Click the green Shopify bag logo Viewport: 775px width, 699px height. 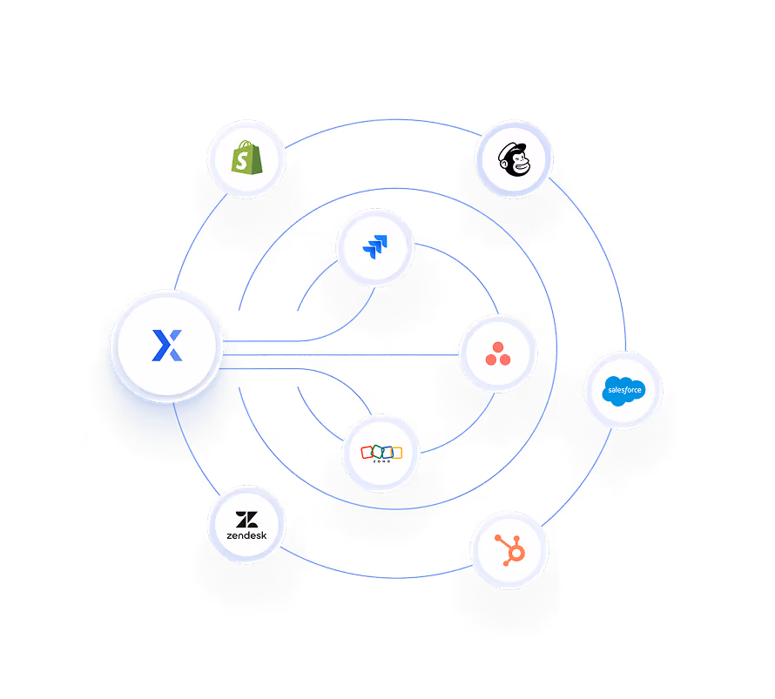(x=246, y=158)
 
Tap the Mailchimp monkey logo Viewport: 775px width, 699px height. (x=513, y=158)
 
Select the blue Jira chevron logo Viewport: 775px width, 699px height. (x=375, y=247)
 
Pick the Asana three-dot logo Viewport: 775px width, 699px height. (x=497, y=353)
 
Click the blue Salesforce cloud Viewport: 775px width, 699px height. (x=623, y=390)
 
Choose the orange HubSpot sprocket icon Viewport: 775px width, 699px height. (x=509, y=550)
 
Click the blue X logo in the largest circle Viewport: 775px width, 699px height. (x=166, y=346)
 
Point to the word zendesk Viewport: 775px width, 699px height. (x=246, y=536)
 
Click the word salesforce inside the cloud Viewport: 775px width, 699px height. (x=623, y=390)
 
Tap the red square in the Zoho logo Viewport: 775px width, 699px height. (x=367, y=453)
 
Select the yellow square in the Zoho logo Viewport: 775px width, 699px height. (x=396, y=453)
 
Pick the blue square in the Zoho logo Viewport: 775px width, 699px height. (x=387, y=453)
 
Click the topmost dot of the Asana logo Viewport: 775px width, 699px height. (x=497, y=346)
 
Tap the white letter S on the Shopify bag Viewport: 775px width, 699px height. (x=245, y=161)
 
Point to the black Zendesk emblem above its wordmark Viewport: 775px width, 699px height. (x=246, y=520)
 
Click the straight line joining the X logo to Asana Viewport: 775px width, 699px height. (x=348, y=355)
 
